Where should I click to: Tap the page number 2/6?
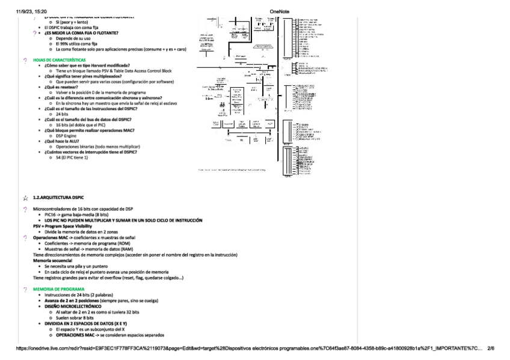pyautogui.click(x=490, y=348)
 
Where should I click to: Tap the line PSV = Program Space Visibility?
pyautogui.click(x=62, y=226)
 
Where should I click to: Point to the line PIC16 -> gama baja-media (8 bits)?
pyautogui.click(x=76, y=214)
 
